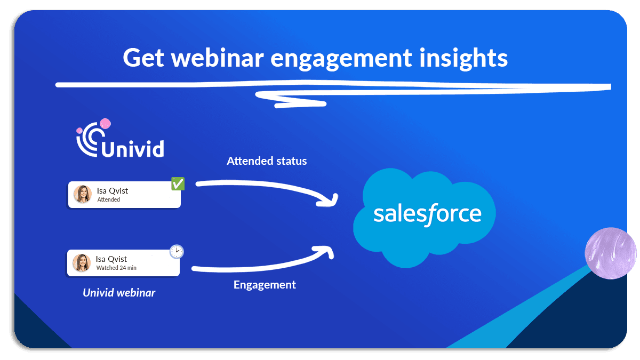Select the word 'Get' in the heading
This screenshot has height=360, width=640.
click(x=143, y=58)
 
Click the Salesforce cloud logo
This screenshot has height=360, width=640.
click(x=425, y=217)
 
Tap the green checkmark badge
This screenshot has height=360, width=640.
click(x=178, y=184)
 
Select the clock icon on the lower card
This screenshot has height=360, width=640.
click(x=177, y=251)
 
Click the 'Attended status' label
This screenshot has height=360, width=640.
click(x=267, y=161)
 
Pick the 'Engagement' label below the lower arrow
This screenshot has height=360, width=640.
click(x=265, y=285)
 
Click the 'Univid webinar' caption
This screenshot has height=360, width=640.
click(x=119, y=293)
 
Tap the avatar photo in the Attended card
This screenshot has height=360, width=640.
click(x=83, y=194)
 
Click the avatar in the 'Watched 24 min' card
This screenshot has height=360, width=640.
click(x=82, y=262)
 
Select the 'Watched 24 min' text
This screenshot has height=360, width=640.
click(x=116, y=268)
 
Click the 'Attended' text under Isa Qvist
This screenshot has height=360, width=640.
click(x=109, y=199)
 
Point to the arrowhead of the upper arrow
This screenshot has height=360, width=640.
click(x=332, y=201)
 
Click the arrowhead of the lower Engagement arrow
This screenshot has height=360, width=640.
click(x=327, y=250)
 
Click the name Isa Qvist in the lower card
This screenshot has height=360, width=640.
click(x=111, y=259)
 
